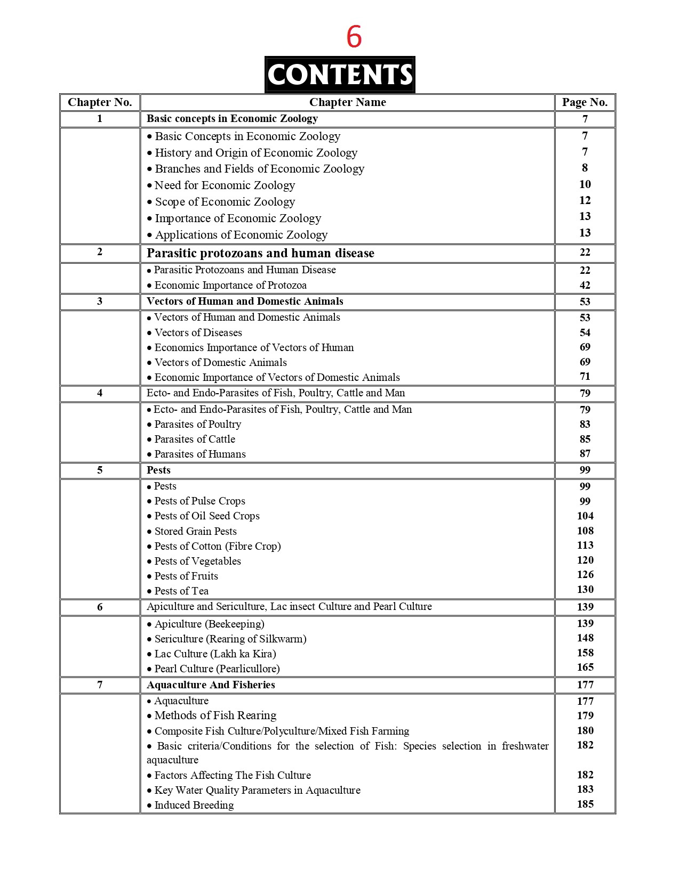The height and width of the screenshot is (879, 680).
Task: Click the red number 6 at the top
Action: pyautogui.click(x=354, y=37)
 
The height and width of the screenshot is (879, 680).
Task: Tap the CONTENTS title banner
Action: pyautogui.click(x=340, y=75)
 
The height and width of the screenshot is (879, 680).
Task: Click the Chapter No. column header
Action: pyautogui.click(x=100, y=102)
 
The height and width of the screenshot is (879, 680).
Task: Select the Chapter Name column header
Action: pyautogui.click(x=347, y=102)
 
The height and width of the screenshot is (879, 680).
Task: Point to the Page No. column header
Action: pyautogui.click(x=585, y=102)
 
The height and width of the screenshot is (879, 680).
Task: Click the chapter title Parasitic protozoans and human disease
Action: pyautogui.click(x=260, y=253)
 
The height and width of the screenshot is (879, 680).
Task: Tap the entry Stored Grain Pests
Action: pyautogui.click(x=195, y=531)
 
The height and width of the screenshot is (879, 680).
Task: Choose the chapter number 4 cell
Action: pyautogui.click(x=100, y=393)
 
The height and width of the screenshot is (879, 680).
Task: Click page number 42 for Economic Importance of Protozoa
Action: pyautogui.click(x=585, y=285)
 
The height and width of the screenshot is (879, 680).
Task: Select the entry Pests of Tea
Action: pyautogui.click(x=181, y=591)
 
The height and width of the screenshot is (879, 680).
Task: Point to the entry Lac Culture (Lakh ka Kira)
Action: pyautogui.click(x=215, y=654)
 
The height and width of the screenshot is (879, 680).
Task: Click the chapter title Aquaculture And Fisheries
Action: pyautogui.click(x=211, y=685)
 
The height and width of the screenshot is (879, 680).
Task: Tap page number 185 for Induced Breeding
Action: pyautogui.click(x=585, y=804)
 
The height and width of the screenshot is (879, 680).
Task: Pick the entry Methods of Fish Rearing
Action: pyautogui.click(x=215, y=715)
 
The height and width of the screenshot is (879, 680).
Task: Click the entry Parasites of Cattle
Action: pyautogui.click(x=195, y=439)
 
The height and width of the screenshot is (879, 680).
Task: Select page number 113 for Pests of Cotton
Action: pyautogui.click(x=585, y=546)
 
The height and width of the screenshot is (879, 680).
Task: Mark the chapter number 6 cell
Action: pyautogui.click(x=100, y=607)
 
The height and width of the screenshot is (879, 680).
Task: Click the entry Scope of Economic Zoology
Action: pyautogui.click(x=225, y=202)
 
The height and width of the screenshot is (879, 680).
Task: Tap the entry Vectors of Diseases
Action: pyautogui.click(x=198, y=332)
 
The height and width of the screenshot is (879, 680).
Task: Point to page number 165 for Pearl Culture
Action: pyautogui.click(x=585, y=668)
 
